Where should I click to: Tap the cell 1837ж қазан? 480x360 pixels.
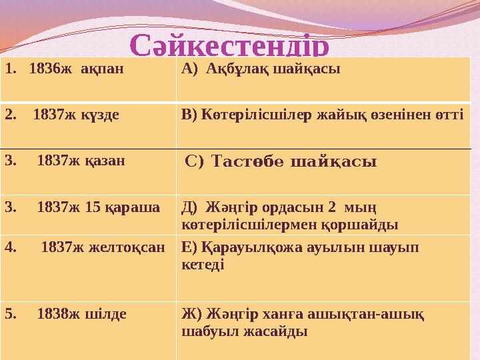[x=81, y=160]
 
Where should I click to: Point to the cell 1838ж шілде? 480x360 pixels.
[x=82, y=312]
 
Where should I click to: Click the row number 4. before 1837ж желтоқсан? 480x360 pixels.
[x=10, y=247]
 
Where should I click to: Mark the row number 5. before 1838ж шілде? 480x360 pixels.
[x=10, y=312]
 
